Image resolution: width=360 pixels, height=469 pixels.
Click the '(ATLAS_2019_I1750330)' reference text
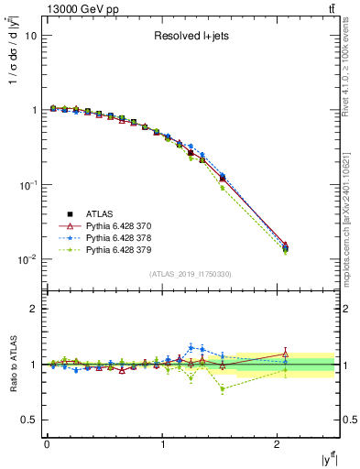tap(190, 274)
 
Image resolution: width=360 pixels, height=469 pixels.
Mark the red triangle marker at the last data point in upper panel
tap(286, 245)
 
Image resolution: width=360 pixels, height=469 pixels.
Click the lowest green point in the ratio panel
tap(223, 388)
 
